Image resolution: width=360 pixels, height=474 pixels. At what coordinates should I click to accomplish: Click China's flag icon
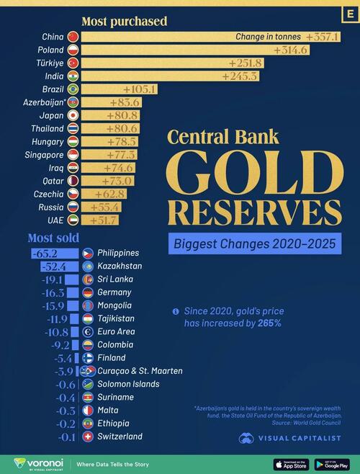71,37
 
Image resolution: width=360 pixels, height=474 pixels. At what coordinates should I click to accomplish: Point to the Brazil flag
71,89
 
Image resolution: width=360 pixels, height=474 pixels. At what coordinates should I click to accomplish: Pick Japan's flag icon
71,115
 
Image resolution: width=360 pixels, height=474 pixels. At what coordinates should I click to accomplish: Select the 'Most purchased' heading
124,22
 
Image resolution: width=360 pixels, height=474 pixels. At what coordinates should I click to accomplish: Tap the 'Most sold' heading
53,238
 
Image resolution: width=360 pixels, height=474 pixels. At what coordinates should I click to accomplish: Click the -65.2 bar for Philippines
54,254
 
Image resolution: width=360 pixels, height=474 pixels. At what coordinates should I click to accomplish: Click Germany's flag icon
87,292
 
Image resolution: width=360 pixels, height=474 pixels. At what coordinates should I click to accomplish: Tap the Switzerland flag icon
87,437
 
